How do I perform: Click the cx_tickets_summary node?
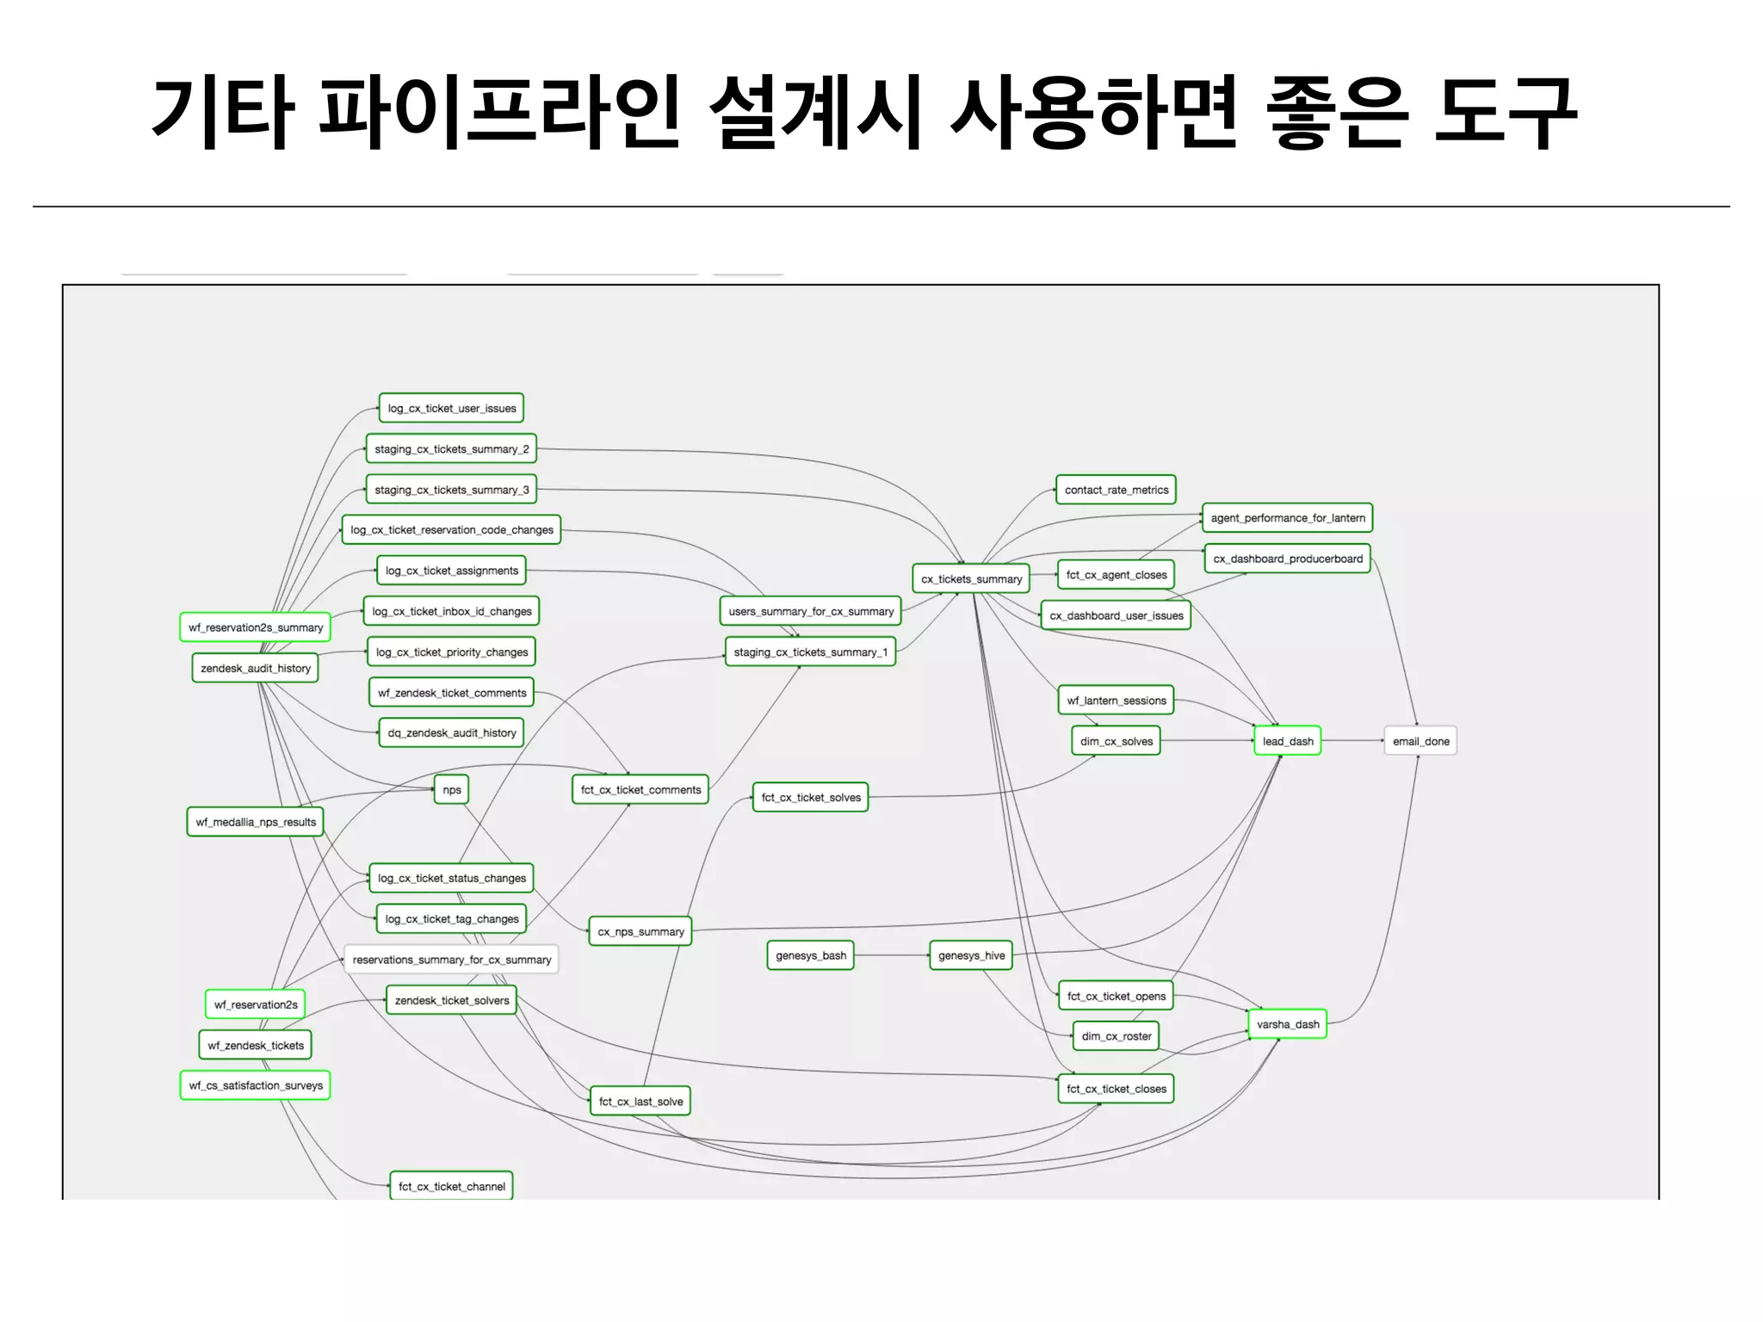click(971, 579)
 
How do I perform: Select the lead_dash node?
click(1287, 741)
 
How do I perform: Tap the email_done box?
click(1420, 741)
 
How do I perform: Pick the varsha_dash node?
click(1287, 1024)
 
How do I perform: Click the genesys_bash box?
click(810, 955)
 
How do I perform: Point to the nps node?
click(451, 789)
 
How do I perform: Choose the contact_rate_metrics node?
click(1116, 490)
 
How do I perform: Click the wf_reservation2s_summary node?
click(255, 627)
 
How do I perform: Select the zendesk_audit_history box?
click(255, 668)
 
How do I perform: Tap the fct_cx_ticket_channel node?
click(451, 1186)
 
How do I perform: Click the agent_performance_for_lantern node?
click(1287, 518)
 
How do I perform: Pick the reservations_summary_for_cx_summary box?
click(451, 960)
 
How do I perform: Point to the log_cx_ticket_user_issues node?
click(451, 408)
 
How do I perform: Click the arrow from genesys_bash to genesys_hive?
click(892, 955)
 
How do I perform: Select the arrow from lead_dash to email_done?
click(1352, 741)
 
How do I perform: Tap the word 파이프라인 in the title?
click(499, 112)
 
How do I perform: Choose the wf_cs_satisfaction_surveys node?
click(255, 1085)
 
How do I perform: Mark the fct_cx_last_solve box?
click(640, 1102)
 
